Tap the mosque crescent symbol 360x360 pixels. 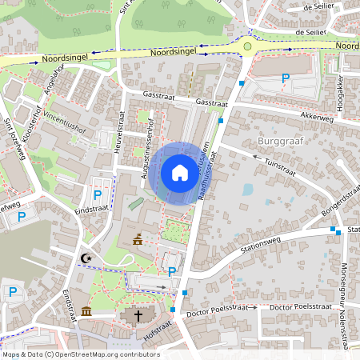point(86,258)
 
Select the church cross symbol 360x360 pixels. point(138,315)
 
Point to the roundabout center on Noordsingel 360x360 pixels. point(248,46)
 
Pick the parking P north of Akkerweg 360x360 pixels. point(286,78)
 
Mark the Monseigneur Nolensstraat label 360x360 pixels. point(346,304)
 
